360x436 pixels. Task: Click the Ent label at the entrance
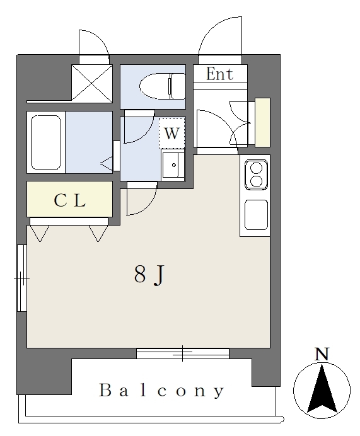(x=219, y=74)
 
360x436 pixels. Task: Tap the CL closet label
(x=69, y=200)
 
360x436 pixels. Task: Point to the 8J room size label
(x=150, y=275)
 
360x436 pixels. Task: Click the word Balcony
(x=161, y=391)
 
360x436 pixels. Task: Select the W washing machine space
(x=171, y=133)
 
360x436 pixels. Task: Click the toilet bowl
(x=155, y=86)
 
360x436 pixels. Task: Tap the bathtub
(x=46, y=142)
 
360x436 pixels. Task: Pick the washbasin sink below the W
(x=173, y=165)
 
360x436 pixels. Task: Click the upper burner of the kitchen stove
(x=256, y=168)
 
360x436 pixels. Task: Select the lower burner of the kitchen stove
(x=256, y=181)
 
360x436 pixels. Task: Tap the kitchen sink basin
(x=256, y=215)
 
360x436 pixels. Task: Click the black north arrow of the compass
(x=322, y=389)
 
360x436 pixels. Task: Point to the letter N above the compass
(x=322, y=353)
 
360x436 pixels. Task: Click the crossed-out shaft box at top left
(x=92, y=83)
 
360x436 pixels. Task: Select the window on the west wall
(x=21, y=278)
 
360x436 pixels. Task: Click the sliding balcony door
(x=182, y=353)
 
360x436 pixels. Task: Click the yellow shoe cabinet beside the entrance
(x=263, y=122)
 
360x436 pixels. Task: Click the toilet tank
(x=178, y=86)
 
